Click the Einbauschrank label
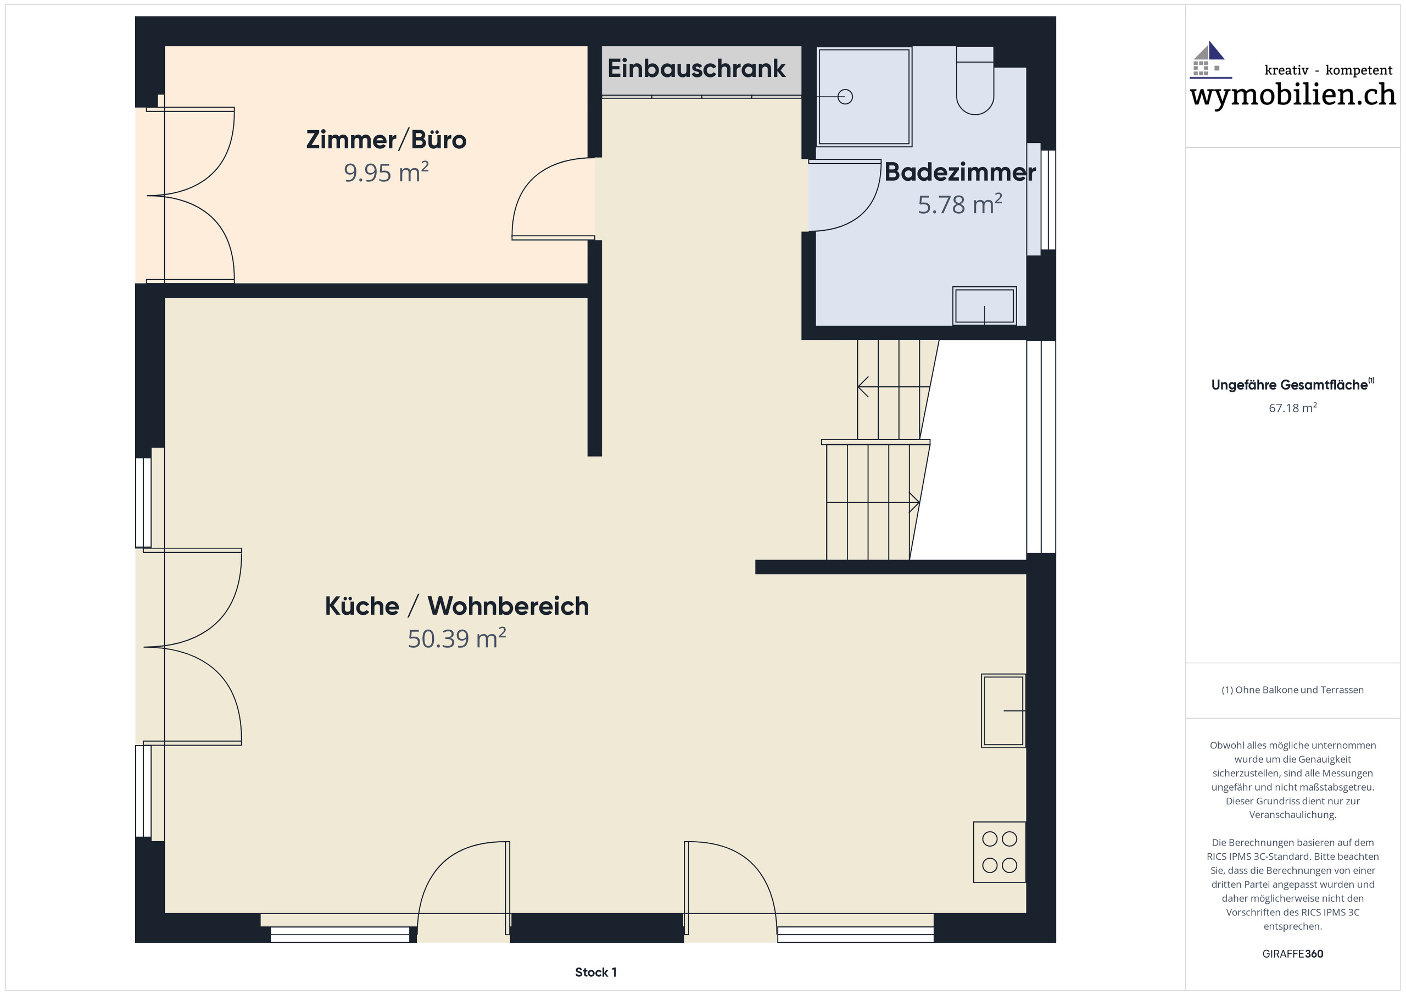point(696,69)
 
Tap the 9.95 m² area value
point(386,173)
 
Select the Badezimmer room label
point(959,172)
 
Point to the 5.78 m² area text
point(959,204)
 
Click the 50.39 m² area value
point(456,638)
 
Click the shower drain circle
point(845,97)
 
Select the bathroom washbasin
point(984,305)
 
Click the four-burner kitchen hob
point(999,852)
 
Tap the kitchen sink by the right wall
point(1002,711)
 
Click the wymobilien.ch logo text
point(1292,96)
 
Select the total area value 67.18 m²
point(1292,408)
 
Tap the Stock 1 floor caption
point(595,972)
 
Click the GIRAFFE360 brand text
point(1292,954)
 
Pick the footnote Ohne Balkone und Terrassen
point(1292,690)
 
